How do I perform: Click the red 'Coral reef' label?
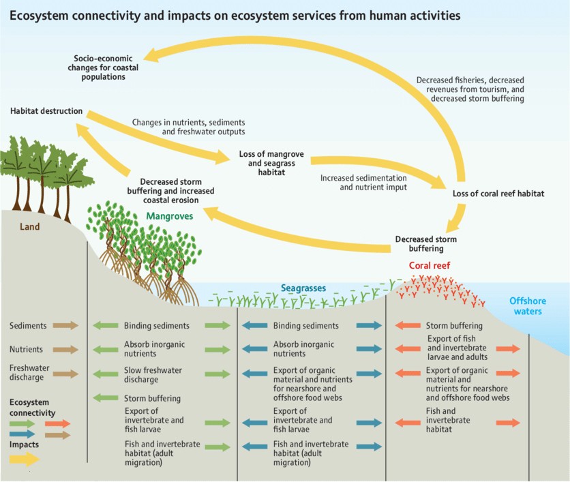pyautogui.click(x=430, y=266)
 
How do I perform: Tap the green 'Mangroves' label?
pyautogui.click(x=169, y=216)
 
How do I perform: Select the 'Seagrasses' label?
pyautogui.click(x=303, y=288)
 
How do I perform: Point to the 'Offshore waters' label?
pyautogui.click(x=528, y=306)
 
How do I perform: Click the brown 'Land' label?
pyautogui.click(x=29, y=227)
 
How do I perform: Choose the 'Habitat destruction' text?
pyautogui.click(x=46, y=111)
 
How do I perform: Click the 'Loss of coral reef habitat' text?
pyautogui.click(x=498, y=194)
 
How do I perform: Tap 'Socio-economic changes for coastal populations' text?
pyautogui.click(x=103, y=67)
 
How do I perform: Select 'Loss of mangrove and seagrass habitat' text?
pyautogui.click(x=271, y=163)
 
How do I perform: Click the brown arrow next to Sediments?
pyautogui.click(x=65, y=325)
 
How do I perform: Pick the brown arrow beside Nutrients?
pyautogui.click(x=65, y=350)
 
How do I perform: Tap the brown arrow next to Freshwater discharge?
pyautogui.click(x=65, y=374)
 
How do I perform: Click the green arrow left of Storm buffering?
pyautogui.click(x=106, y=397)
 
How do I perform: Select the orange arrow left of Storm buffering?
pyautogui.click(x=408, y=325)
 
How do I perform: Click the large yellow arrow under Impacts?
pyautogui.click(x=25, y=459)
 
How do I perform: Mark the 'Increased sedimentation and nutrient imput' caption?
pyautogui.click(x=363, y=183)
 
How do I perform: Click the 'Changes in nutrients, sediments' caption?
pyautogui.click(x=188, y=123)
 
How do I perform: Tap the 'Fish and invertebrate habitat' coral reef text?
pyautogui.click(x=448, y=420)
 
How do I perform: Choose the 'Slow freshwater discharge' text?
pyautogui.click(x=153, y=375)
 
